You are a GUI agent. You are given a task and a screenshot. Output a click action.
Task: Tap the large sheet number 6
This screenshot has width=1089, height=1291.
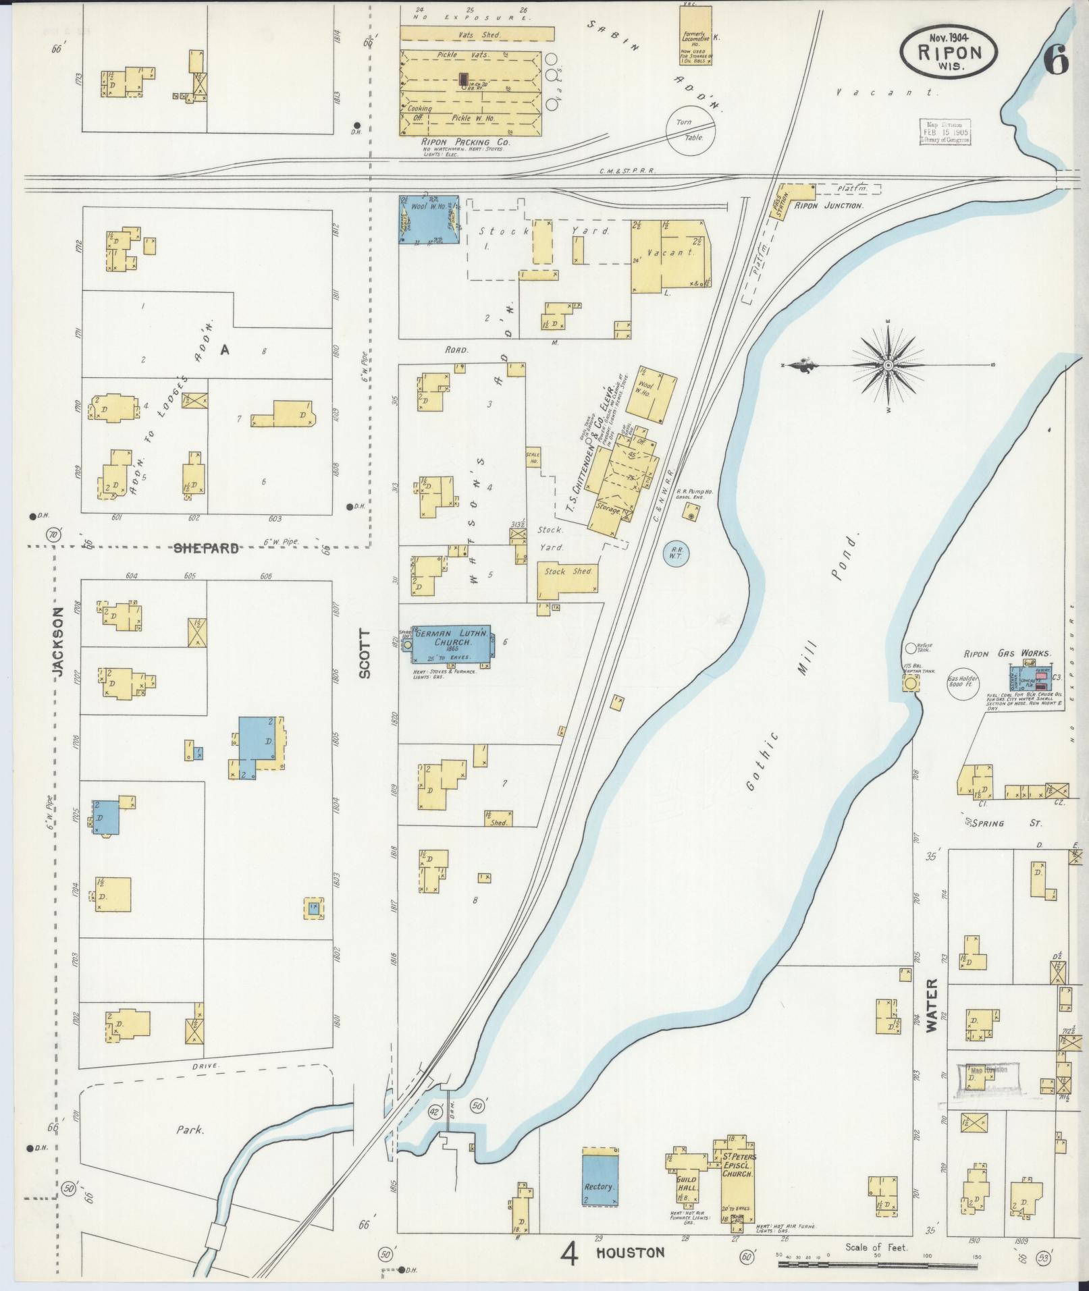pyautogui.click(x=1056, y=61)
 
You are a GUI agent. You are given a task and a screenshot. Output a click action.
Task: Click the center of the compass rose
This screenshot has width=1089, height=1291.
pyautogui.click(x=888, y=365)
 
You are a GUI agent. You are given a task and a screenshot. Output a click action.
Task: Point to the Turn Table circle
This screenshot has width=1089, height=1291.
pyautogui.click(x=691, y=129)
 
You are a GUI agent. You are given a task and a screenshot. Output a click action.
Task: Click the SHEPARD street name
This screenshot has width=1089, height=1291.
pyautogui.click(x=206, y=548)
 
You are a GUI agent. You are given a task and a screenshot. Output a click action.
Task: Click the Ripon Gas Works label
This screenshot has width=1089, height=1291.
pyautogui.click(x=1007, y=653)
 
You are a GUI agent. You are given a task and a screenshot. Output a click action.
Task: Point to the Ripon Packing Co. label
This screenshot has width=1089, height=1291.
pyautogui.click(x=465, y=142)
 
